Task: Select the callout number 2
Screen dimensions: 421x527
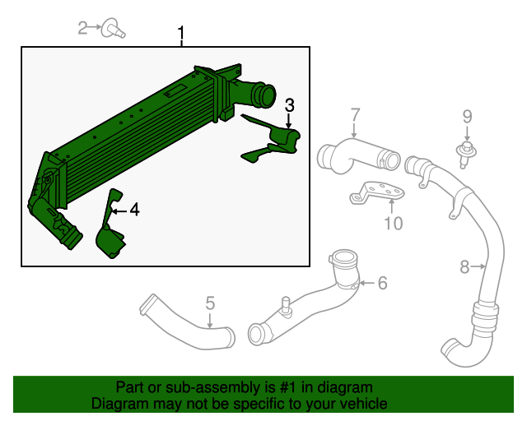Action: pos(82,29)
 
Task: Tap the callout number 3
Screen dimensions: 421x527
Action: pos(289,104)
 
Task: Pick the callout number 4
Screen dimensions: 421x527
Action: pos(133,210)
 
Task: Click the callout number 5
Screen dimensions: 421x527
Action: pos(210,303)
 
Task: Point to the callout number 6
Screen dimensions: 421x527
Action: pos(381,283)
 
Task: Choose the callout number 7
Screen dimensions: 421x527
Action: pos(355,114)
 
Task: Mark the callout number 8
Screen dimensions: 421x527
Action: pos(464,266)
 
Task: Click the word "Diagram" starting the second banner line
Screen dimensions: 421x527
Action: pos(118,404)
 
